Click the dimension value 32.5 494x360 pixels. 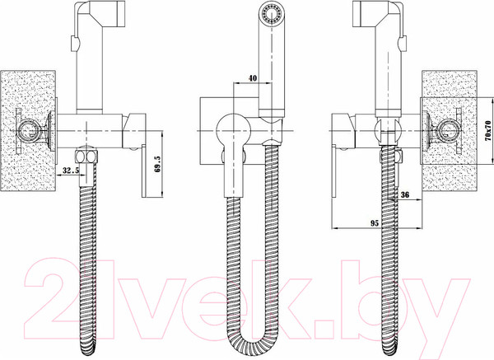(71, 171)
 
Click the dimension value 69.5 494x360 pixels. (158, 164)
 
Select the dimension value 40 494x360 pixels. (253, 78)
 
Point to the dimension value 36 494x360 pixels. (405, 194)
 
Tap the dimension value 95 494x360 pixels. (375, 223)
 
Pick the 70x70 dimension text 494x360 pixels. (488, 130)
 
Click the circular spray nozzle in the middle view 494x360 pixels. (271, 15)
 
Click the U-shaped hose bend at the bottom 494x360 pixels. (253, 337)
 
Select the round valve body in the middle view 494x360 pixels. (234, 130)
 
